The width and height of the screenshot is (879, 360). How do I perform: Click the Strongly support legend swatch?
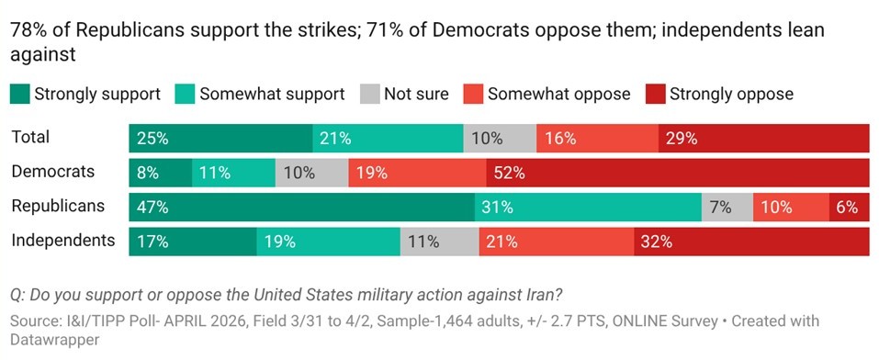19,94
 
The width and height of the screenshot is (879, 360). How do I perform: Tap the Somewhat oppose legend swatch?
474,94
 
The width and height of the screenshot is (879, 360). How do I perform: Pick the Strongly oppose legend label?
731,94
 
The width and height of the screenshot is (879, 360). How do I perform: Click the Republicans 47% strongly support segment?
301,207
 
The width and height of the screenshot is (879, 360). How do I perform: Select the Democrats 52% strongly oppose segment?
678,173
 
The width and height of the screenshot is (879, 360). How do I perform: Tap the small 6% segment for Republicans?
849,207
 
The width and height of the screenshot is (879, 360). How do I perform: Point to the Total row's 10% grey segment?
500,139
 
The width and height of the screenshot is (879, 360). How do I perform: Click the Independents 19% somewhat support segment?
328,242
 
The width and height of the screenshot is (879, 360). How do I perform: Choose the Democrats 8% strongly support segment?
160,173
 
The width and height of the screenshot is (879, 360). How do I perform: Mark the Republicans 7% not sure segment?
727,207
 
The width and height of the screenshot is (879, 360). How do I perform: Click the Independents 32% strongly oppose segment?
751,242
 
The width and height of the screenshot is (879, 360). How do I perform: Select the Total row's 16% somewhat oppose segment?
597,139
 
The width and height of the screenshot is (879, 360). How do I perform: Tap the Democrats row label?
52,171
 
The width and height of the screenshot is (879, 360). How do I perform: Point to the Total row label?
30,137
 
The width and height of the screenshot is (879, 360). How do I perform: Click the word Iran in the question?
543,295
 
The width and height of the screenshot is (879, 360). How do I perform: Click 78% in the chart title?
28,29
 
